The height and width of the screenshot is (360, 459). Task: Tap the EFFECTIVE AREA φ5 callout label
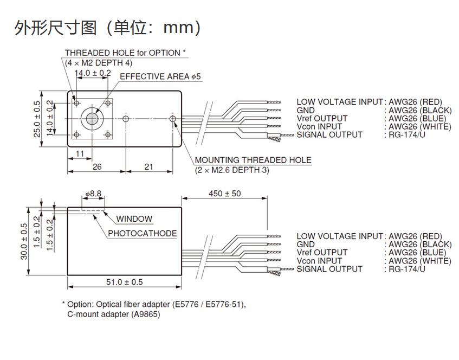160,76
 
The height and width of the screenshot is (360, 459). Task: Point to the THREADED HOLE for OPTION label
125,53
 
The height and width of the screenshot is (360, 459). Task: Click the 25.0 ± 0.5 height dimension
37,119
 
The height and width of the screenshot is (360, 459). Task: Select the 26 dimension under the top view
97,167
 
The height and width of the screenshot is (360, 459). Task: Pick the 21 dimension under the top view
149,167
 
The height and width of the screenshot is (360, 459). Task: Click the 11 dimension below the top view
80,154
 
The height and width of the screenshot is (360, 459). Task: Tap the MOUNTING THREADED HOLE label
253,160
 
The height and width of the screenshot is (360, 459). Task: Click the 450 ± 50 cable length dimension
224,193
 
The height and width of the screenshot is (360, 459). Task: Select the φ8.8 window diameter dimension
93,193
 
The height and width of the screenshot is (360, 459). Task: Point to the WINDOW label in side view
134,219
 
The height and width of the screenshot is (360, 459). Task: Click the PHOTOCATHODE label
143,233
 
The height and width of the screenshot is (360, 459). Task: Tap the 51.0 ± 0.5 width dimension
124,282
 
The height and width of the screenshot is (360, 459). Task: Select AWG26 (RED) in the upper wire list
416,101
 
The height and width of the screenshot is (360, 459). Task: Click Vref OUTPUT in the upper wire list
322,118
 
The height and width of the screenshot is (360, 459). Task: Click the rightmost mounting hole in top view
173,118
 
